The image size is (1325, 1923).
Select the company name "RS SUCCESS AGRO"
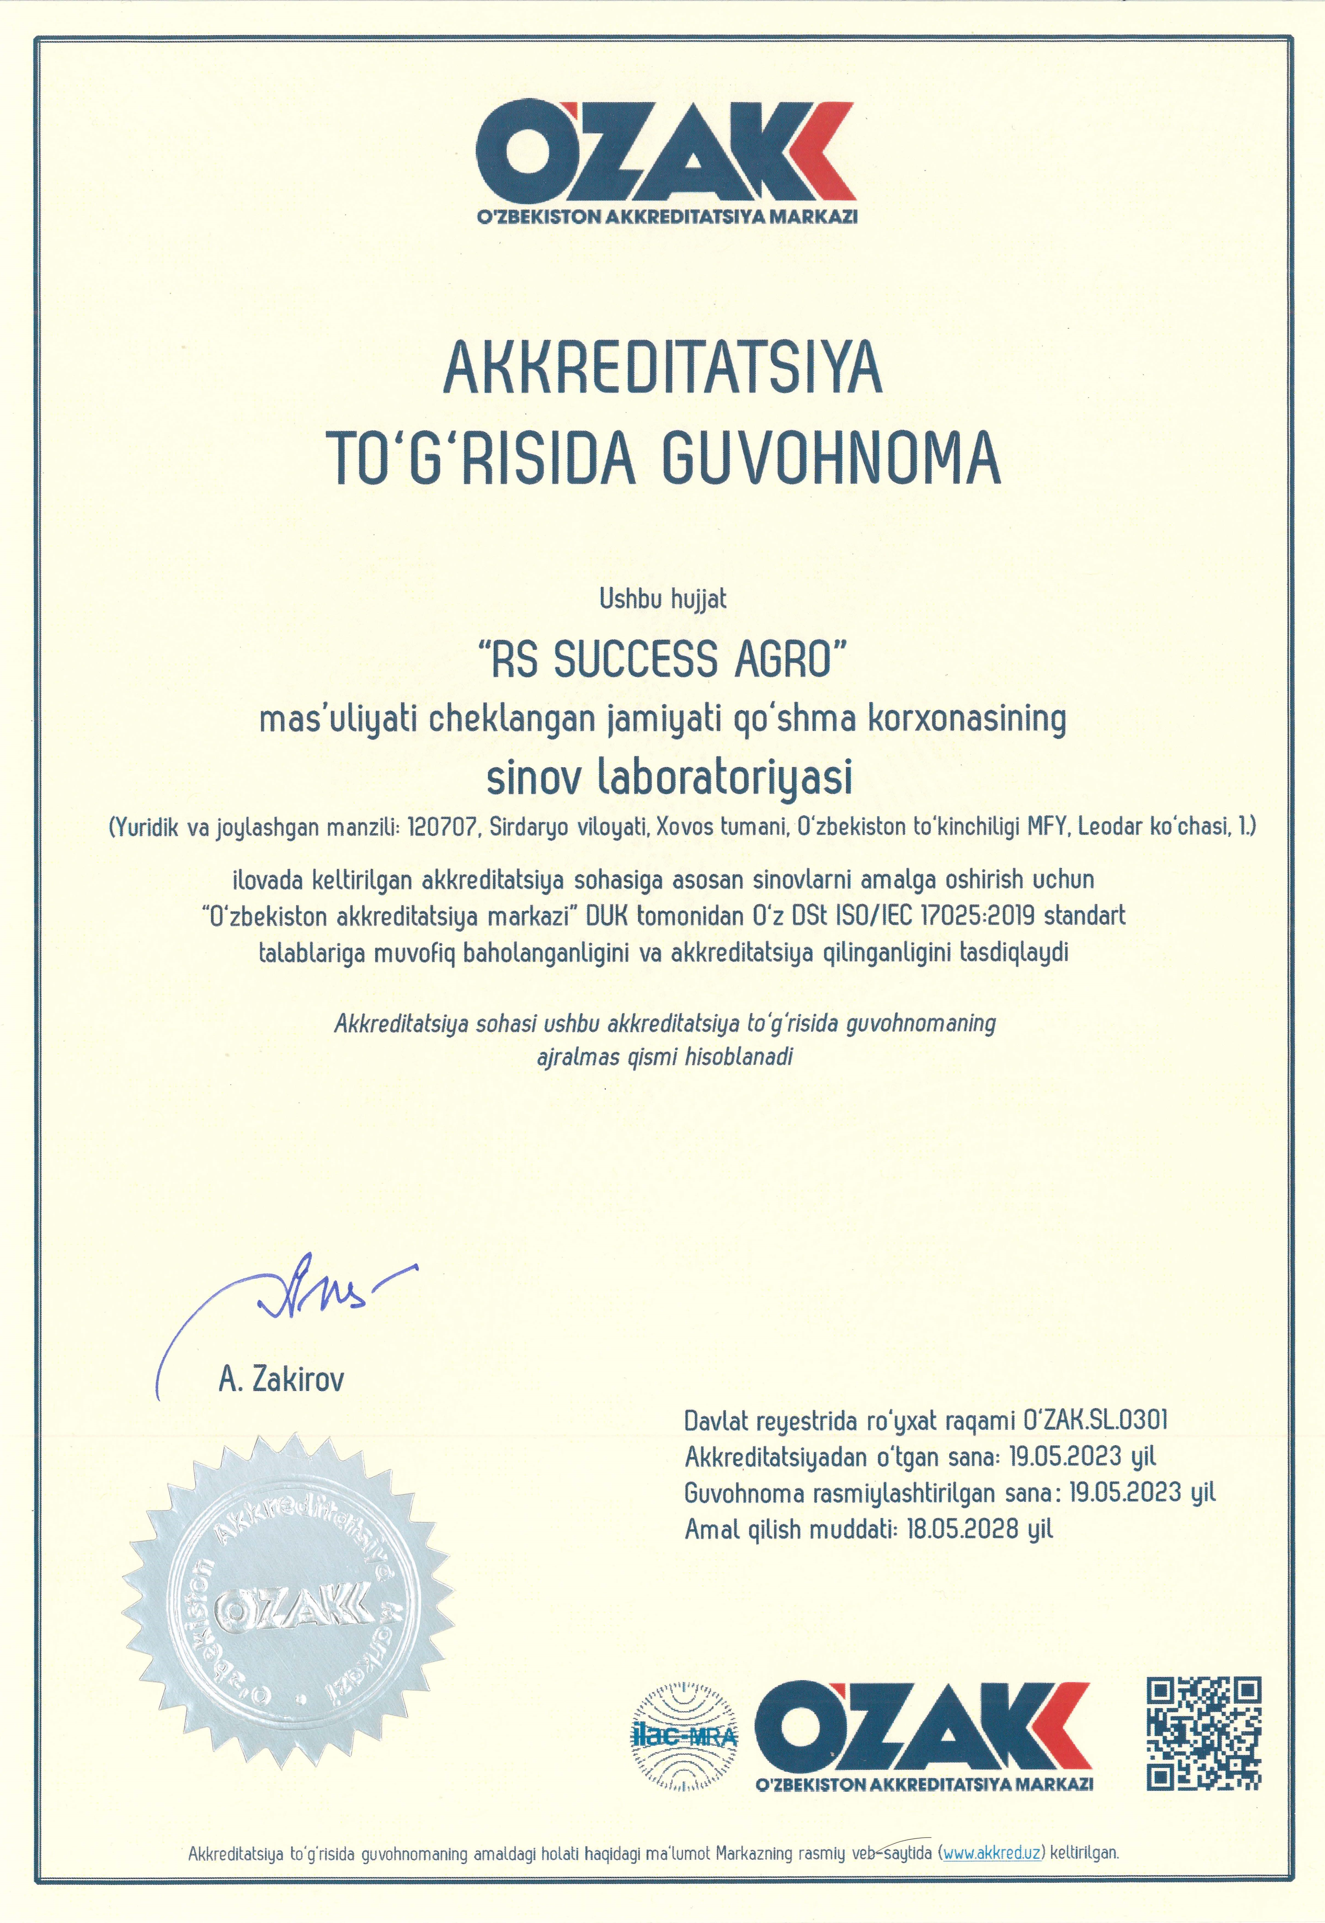click(662, 660)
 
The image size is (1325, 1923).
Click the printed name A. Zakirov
click(281, 1379)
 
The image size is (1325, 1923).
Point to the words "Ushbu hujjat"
click(662, 599)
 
